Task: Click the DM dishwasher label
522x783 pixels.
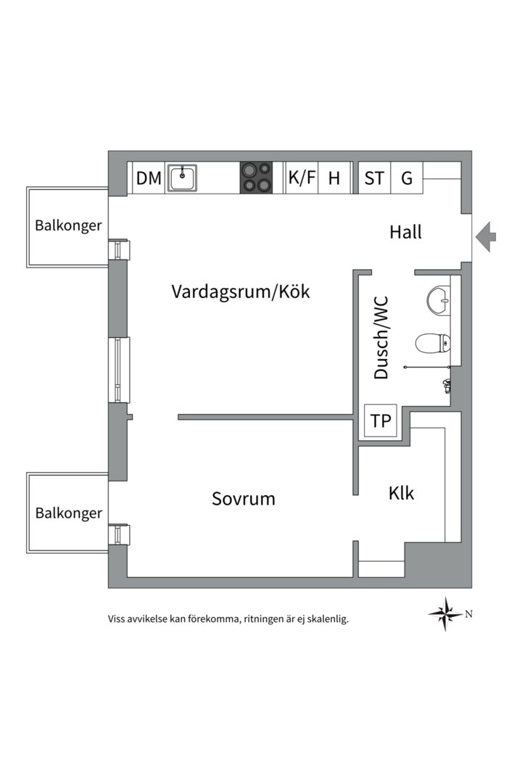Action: pos(149,178)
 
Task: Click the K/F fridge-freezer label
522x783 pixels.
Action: pos(302,178)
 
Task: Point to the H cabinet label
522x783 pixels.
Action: pos(334,178)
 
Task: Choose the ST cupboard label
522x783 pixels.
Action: pos(374,178)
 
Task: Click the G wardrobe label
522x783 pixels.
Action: pos(407,178)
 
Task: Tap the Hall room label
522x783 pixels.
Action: pos(405,233)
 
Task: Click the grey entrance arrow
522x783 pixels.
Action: pos(486,236)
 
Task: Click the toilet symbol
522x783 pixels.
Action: pos(433,343)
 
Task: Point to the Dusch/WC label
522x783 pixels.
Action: pos(381,337)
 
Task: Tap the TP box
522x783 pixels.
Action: pos(381,421)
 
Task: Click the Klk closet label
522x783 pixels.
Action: pos(401,493)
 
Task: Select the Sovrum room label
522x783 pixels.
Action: pos(244,499)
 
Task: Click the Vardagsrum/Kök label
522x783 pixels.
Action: pos(241,291)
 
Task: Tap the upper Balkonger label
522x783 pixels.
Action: pos(68,225)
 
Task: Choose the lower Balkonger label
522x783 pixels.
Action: pos(68,513)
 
